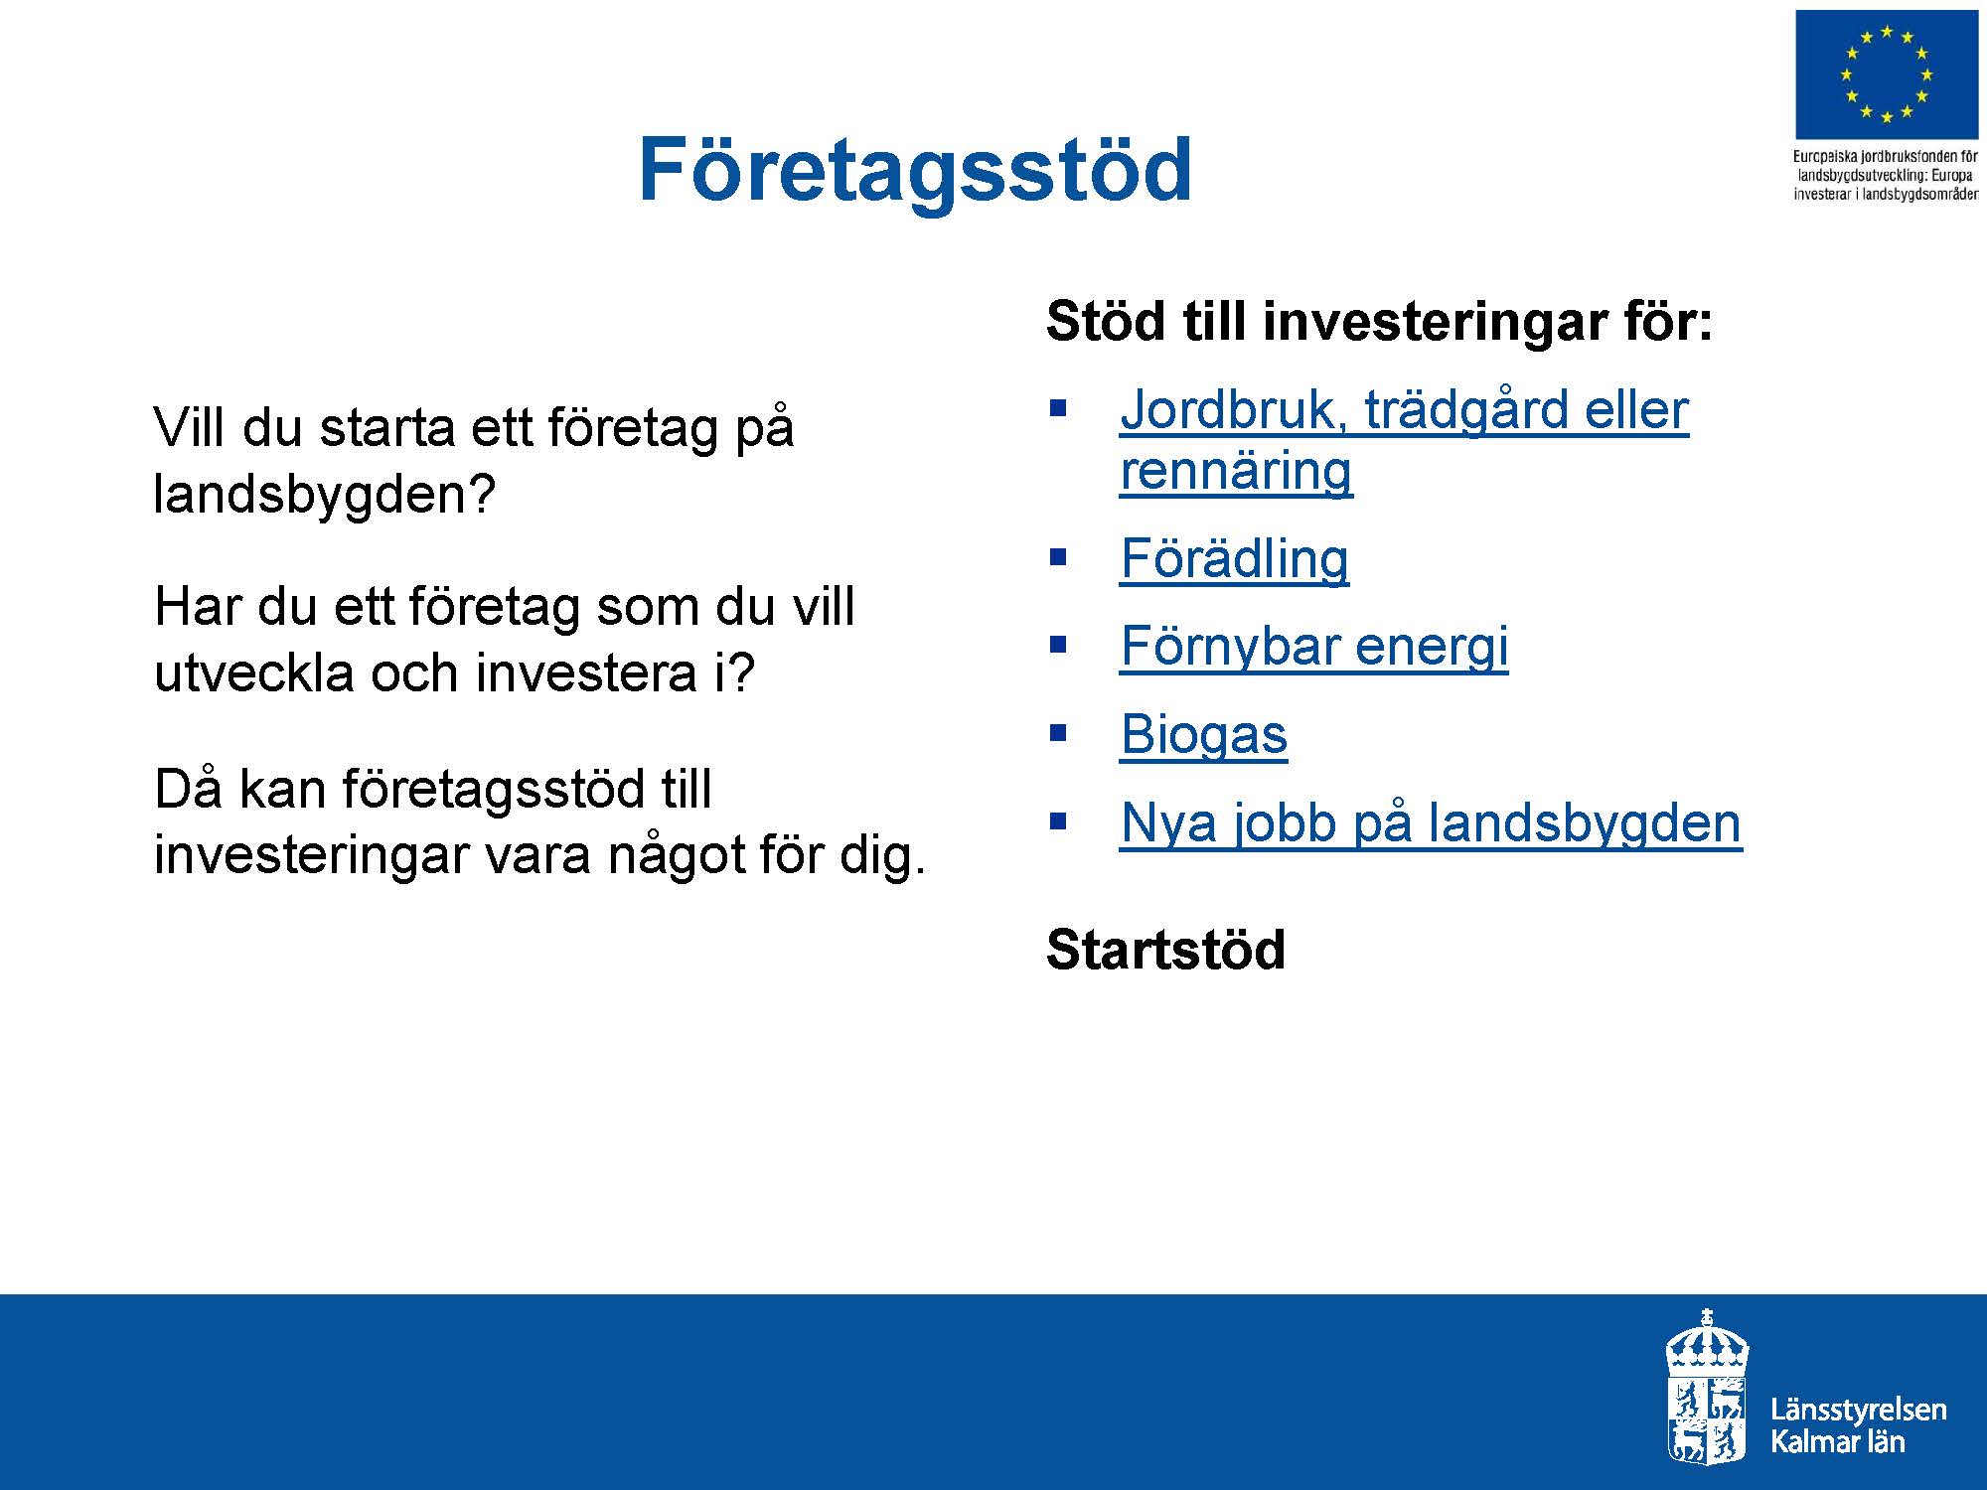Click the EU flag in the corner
tap(1886, 75)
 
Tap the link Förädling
tap(1234, 558)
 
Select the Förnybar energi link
tap(1313, 647)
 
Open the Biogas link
tap(1203, 736)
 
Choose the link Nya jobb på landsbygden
tap(1431, 823)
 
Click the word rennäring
tap(1236, 471)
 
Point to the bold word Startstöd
tap(1165, 950)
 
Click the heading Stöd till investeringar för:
tap(1380, 322)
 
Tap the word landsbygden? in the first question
tap(324, 493)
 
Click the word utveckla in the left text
tap(252, 673)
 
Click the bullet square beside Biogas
tap(1057, 733)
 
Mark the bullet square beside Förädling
tap(1057, 556)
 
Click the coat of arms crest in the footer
tap(1707, 1387)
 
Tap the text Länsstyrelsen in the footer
tap(1858, 1411)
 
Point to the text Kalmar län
tap(1837, 1442)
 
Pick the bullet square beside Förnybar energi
tap(1057, 644)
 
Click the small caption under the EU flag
tap(1885, 175)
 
